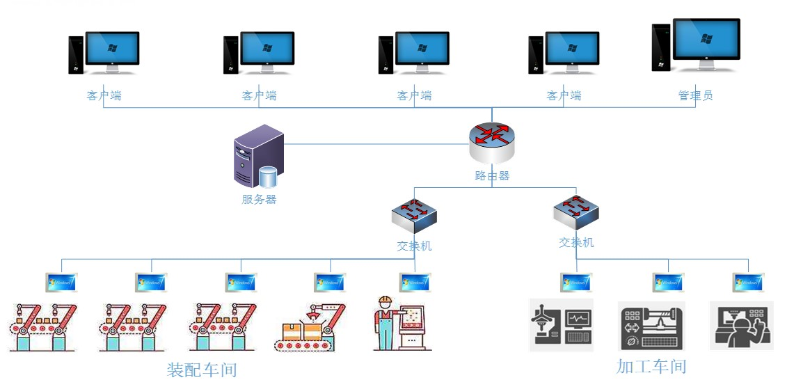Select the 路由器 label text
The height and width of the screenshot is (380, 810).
coord(492,176)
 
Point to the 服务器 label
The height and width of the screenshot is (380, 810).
coord(259,200)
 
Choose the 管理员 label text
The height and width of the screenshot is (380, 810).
coord(695,95)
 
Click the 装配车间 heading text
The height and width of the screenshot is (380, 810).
coord(202,370)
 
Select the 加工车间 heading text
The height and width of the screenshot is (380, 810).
coord(651,366)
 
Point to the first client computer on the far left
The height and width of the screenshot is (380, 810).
coord(104,52)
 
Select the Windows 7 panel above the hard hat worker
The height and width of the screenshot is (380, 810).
coord(415,283)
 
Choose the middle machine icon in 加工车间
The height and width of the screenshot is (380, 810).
coord(651,326)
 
